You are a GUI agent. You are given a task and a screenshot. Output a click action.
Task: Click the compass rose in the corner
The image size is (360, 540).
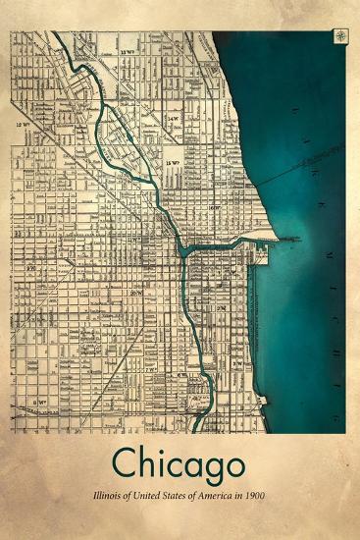pyautogui.click(x=339, y=36)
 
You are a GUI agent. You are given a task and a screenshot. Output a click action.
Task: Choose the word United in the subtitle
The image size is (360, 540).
pyautogui.click(x=142, y=498)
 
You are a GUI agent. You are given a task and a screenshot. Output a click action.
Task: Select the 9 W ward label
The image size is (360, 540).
pyautogui.click(x=31, y=266)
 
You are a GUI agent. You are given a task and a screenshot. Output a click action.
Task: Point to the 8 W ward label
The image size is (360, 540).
pyautogui.click(x=41, y=403)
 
